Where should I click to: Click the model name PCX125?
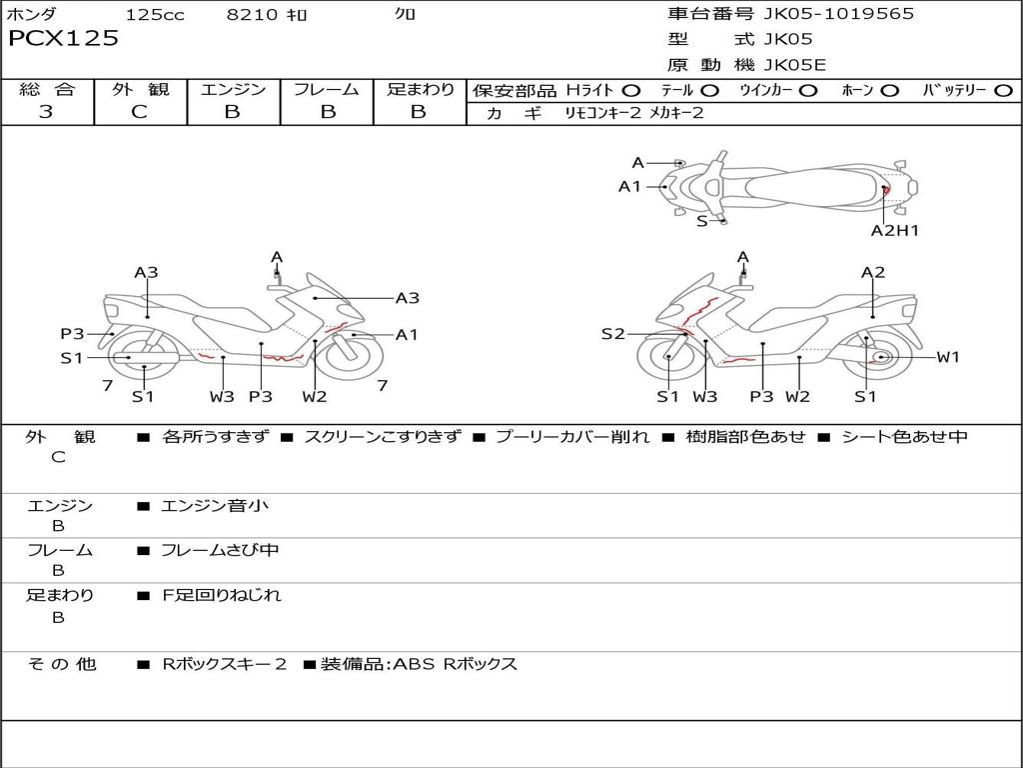[x=63, y=38]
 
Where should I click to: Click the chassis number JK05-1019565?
[x=838, y=14]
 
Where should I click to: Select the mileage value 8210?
[x=252, y=14]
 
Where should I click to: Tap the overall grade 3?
[x=46, y=112]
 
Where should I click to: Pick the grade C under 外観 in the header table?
[x=139, y=112]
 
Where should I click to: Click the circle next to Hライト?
[x=631, y=91]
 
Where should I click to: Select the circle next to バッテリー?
[x=1003, y=91]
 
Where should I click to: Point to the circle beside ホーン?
[x=890, y=91]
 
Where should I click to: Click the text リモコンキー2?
[x=602, y=113]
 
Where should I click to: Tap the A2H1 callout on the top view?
[x=894, y=231]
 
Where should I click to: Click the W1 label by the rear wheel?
[x=948, y=357]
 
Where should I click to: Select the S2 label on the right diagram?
[x=612, y=334]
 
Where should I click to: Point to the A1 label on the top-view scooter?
[x=629, y=187]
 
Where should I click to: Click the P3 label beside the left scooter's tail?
[x=72, y=334]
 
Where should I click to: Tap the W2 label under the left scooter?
[x=314, y=396]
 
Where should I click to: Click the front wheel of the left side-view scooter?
[x=353, y=358]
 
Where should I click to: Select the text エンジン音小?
[x=215, y=505]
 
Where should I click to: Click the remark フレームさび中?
[x=220, y=551]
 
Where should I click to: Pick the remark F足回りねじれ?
[x=222, y=596]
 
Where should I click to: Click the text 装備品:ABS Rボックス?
[x=419, y=665]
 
